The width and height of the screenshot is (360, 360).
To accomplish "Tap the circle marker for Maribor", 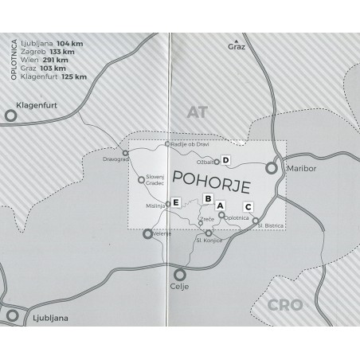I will pos(272,168).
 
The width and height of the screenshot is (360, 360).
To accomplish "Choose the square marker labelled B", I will pos(207,198).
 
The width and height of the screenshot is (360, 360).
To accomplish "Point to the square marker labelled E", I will pos(175,202).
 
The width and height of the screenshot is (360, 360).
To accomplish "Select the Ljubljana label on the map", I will pos(47,318).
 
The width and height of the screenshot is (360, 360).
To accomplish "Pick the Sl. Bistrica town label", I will pos(272,226).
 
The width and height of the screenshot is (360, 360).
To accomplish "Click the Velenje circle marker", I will pos(147,234).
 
